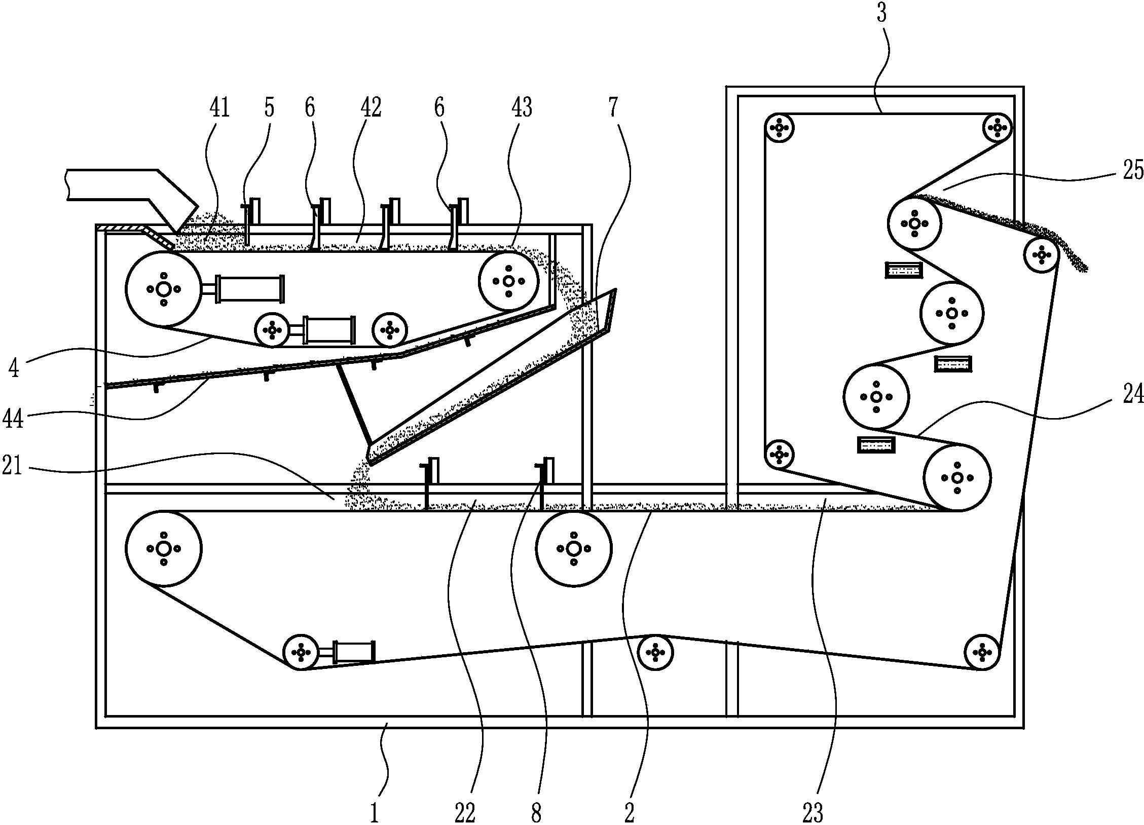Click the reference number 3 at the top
[x=881, y=14]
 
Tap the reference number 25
[x=1131, y=171]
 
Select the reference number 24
[x=1131, y=393]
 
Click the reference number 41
[x=219, y=108]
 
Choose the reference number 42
[x=371, y=108]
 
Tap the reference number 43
[x=522, y=108]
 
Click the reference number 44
[x=13, y=419]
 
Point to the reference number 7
[x=614, y=108]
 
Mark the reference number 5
[x=269, y=108]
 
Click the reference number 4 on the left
[x=14, y=368]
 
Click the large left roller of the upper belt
[x=163, y=289]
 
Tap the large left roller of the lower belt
[x=163, y=548]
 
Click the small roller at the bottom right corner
[x=982, y=652]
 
